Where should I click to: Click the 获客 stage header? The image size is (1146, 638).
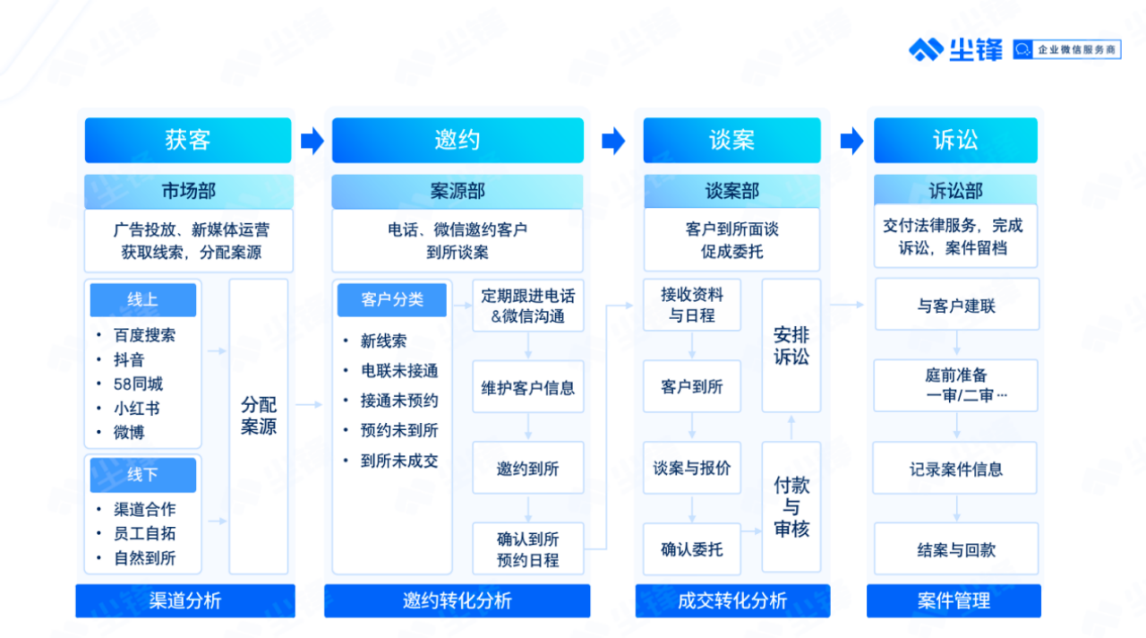[x=188, y=140]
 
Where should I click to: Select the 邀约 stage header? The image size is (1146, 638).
[x=458, y=140]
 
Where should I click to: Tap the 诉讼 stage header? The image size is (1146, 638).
[x=955, y=140]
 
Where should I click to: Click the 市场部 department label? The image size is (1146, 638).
[x=188, y=191]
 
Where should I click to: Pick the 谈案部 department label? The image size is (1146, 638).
[x=731, y=191]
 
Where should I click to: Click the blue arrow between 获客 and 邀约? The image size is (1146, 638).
[x=312, y=141]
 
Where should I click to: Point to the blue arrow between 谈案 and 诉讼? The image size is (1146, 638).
[x=851, y=141]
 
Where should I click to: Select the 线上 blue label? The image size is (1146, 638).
[x=142, y=300]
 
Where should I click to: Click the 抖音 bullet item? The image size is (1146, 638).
[x=129, y=360]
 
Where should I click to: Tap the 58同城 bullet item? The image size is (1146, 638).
[x=138, y=384]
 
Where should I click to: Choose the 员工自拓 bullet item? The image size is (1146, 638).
[x=144, y=533]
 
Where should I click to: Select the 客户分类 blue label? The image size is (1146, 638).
[x=392, y=300]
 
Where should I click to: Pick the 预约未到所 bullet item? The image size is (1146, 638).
[x=399, y=430]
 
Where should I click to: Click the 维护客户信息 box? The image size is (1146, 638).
[x=528, y=388]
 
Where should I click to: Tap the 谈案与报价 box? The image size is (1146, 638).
[x=692, y=468]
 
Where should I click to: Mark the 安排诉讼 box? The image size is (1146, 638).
[x=791, y=345]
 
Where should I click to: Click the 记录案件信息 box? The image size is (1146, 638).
[x=956, y=469]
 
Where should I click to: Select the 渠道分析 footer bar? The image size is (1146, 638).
[x=185, y=600]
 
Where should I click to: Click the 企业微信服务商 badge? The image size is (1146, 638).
[x=1067, y=50]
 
